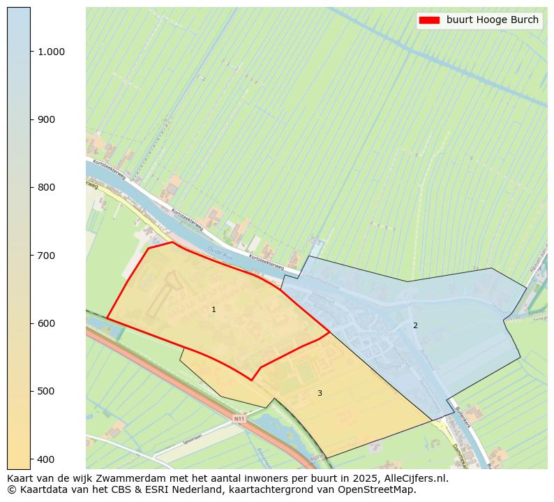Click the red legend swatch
tap(429, 20)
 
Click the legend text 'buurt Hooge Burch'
tap(493, 20)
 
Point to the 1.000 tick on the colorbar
tap(50, 52)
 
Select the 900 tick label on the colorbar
tap(46, 119)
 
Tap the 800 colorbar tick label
tap(46, 187)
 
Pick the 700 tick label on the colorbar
tap(46, 256)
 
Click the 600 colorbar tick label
tap(46, 323)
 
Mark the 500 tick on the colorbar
tap(46, 391)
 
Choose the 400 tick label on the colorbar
tap(46, 459)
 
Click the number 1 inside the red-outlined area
tap(214, 309)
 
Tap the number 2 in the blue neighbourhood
tap(415, 325)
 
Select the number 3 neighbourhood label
tap(320, 394)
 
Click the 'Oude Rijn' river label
tap(218, 250)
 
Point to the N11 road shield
tap(239, 419)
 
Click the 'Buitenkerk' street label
tap(463, 417)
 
